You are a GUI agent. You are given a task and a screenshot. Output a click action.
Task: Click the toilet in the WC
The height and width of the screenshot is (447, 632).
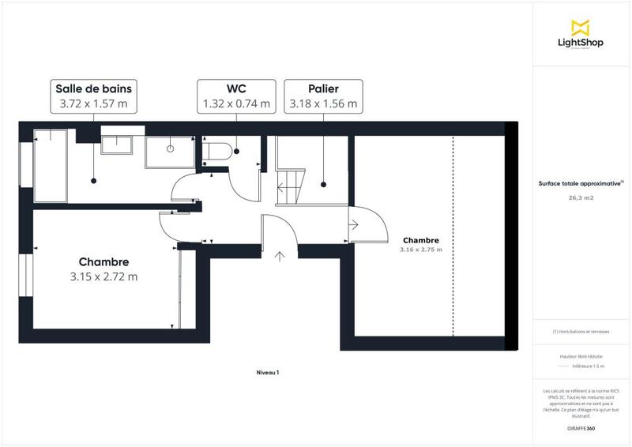tap(217, 151)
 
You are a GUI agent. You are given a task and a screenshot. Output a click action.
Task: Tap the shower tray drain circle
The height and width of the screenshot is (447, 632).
tap(170, 148)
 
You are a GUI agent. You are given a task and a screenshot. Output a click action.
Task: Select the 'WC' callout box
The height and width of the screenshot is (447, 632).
tap(235, 96)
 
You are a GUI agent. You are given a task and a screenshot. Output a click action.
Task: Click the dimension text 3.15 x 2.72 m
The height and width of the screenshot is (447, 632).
tap(103, 276)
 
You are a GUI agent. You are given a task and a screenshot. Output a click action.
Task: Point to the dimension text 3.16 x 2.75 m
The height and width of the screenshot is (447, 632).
tap(421, 250)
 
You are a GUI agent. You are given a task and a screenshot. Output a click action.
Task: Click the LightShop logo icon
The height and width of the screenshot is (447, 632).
tap(581, 28)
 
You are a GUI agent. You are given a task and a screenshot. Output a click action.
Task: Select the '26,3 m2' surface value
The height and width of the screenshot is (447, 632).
tap(581, 199)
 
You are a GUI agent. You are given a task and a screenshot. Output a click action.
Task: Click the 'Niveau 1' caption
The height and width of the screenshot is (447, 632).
tap(268, 372)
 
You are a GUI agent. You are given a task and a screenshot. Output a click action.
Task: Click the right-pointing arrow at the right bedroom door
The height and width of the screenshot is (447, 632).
tap(354, 225)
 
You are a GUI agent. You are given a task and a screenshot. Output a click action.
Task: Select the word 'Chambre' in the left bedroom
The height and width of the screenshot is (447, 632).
tap(103, 261)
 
